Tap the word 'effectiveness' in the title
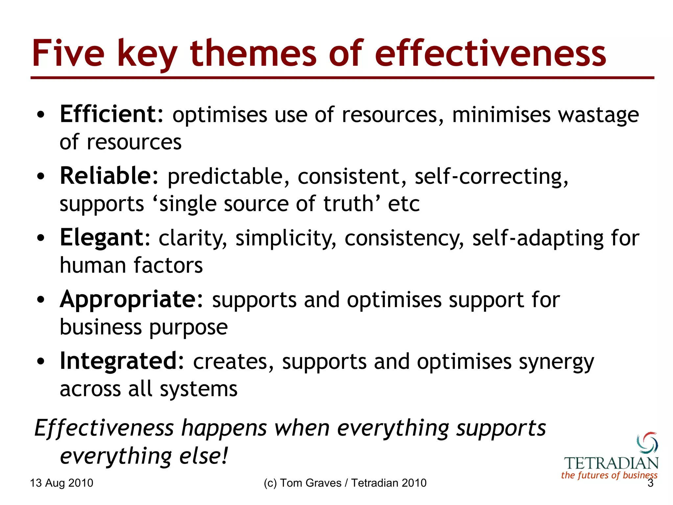(490, 54)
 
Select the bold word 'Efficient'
(111, 114)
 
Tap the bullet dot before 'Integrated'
(40, 362)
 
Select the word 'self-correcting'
(491, 177)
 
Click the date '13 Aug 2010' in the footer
(61, 483)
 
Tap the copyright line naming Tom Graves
(345, 483)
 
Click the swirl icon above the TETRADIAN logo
(647, 443)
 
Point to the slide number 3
(650, 483)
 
